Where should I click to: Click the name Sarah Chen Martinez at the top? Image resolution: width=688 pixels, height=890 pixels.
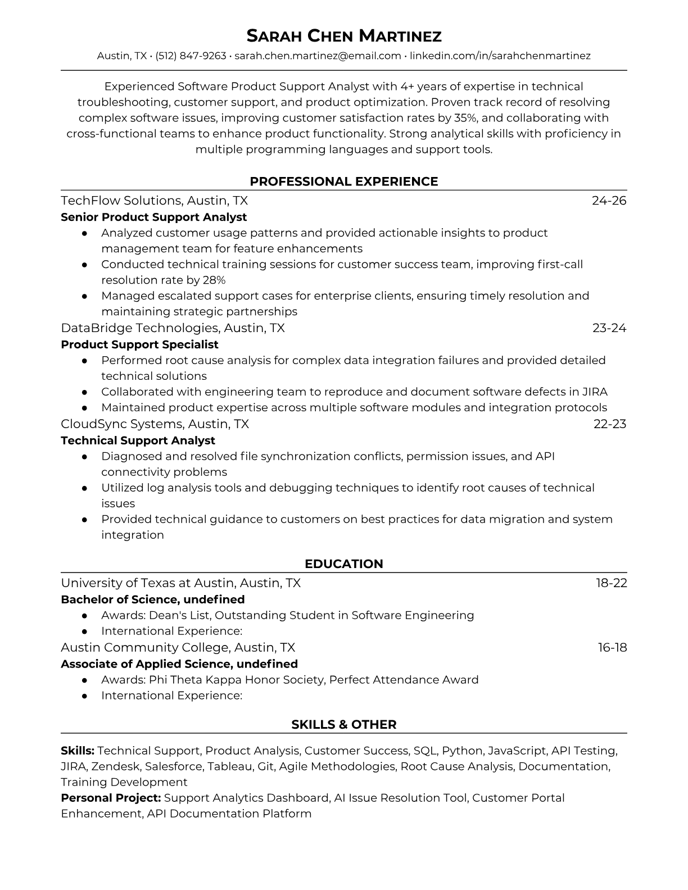[344, 36]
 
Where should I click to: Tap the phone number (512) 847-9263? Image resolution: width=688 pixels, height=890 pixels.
[191, 56]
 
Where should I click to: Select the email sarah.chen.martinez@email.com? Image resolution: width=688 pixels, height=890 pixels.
[318, 56]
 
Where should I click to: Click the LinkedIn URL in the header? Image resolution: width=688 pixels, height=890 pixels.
[500, 56]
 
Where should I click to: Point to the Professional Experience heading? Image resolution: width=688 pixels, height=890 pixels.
[344, 181]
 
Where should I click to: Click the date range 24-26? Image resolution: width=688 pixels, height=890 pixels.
[609, 201]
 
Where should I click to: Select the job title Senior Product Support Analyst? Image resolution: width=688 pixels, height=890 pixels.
[153, 217]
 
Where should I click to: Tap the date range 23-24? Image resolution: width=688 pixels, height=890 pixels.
[609, 328]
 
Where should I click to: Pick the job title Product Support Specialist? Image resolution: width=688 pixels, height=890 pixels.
[139, 344]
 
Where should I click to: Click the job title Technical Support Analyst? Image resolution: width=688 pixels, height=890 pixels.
[138, 441]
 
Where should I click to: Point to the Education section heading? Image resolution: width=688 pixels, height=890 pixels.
[344, 564]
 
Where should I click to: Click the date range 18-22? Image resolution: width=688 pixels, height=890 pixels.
[612, 583]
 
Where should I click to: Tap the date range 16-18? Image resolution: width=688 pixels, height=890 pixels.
[612, 647]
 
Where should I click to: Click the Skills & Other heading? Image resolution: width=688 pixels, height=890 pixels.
[344, 725]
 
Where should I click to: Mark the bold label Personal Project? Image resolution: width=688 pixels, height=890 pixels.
[111, 798]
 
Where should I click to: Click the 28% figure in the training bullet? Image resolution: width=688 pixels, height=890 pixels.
[214, 280]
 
